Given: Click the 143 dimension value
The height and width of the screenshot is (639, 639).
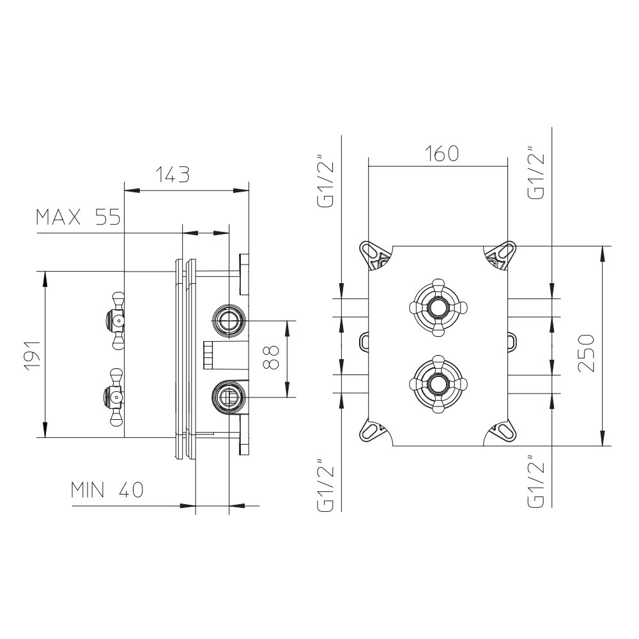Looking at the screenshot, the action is click(173, 174).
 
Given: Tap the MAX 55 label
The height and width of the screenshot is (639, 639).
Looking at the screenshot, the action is click(79, 217).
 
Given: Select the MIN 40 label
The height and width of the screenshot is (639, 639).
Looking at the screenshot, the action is click(107, 490).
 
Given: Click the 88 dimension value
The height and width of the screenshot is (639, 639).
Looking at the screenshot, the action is click(270, 358).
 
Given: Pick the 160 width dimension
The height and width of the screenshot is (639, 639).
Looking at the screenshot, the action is click(442, 153).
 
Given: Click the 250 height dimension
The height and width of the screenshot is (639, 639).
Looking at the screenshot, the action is click(587, 353).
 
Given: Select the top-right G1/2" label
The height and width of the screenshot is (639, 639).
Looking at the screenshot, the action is click(536, 173).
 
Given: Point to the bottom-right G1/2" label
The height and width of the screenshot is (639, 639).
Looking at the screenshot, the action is click(536, 481).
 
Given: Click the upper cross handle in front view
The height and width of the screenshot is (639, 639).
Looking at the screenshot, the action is click(438, 308).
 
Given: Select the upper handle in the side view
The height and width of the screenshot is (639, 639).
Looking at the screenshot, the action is click(114, 320).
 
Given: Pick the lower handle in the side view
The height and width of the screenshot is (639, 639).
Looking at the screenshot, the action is click(114, 397).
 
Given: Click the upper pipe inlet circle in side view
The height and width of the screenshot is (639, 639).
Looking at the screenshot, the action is click(229, 321).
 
